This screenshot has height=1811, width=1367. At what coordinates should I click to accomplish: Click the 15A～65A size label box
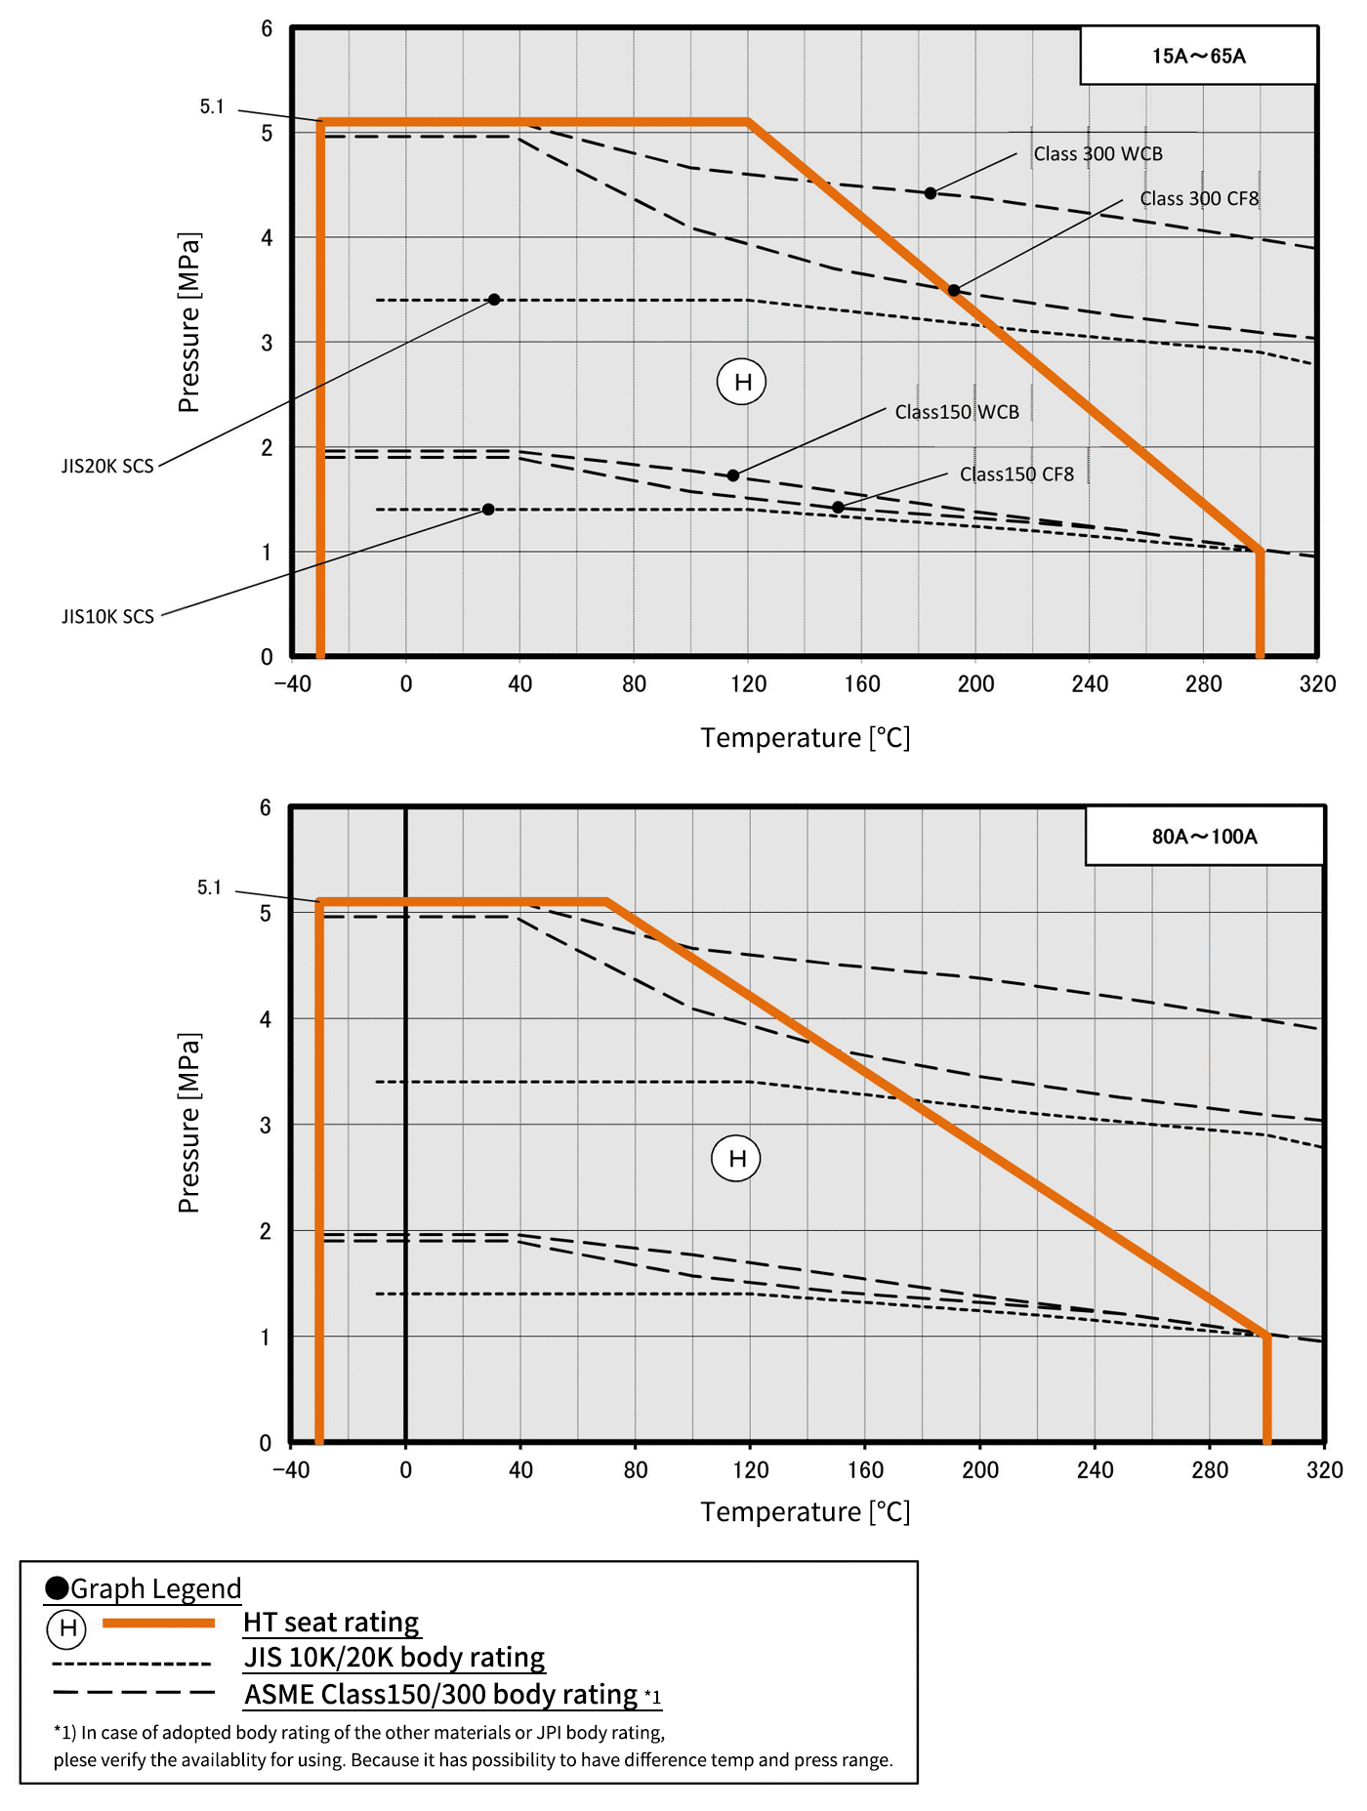pos(1198,56)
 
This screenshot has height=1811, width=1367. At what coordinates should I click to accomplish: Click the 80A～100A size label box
pos(1204,837)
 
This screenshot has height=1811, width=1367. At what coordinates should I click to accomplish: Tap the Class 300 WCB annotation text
pos(1098,154)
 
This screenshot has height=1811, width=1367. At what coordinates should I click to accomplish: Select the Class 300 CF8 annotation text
pos(1199,199)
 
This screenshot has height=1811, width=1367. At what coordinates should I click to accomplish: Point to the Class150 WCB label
pos(957,412)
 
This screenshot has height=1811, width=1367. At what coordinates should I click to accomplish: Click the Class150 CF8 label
pos(1016,474)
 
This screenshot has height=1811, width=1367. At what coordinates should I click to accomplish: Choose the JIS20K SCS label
pos(107,467)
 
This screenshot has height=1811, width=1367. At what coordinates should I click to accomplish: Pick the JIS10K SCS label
pos(107,617)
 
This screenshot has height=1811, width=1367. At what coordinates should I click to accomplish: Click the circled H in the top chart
pos(742,382)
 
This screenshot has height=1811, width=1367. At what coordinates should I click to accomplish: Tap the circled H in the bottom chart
pos(736,1159)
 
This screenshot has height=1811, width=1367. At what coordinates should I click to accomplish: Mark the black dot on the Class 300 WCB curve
pos(931,193)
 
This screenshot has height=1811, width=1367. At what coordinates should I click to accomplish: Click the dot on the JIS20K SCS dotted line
pos(494,300)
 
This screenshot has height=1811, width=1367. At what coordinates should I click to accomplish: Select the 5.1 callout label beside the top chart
pos(212,107)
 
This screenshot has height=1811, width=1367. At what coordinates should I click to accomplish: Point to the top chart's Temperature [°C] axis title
pos(805,738)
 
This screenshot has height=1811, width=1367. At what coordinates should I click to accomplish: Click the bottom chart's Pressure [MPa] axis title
pos(189,1123)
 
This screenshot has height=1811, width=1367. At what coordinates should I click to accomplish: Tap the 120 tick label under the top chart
pos(748,684)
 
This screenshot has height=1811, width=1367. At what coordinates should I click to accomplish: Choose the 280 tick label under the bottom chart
pos(1210,1470)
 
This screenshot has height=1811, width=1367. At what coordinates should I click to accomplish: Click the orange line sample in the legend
pos(158,1623)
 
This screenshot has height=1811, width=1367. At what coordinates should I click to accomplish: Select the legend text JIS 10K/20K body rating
pos(394,1658)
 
